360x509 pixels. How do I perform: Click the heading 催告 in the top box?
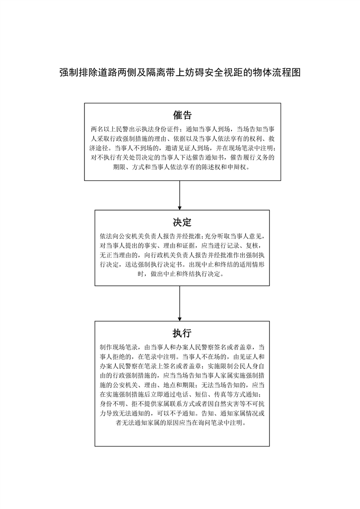click(182, 115)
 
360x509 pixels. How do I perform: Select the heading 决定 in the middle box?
click(182, 222)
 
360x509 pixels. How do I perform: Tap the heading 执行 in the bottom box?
click(182, 333)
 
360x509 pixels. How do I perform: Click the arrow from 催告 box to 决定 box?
click(180, 195)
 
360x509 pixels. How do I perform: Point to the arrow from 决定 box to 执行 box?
click(180, 303)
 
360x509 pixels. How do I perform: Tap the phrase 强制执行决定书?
click(156, 265)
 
